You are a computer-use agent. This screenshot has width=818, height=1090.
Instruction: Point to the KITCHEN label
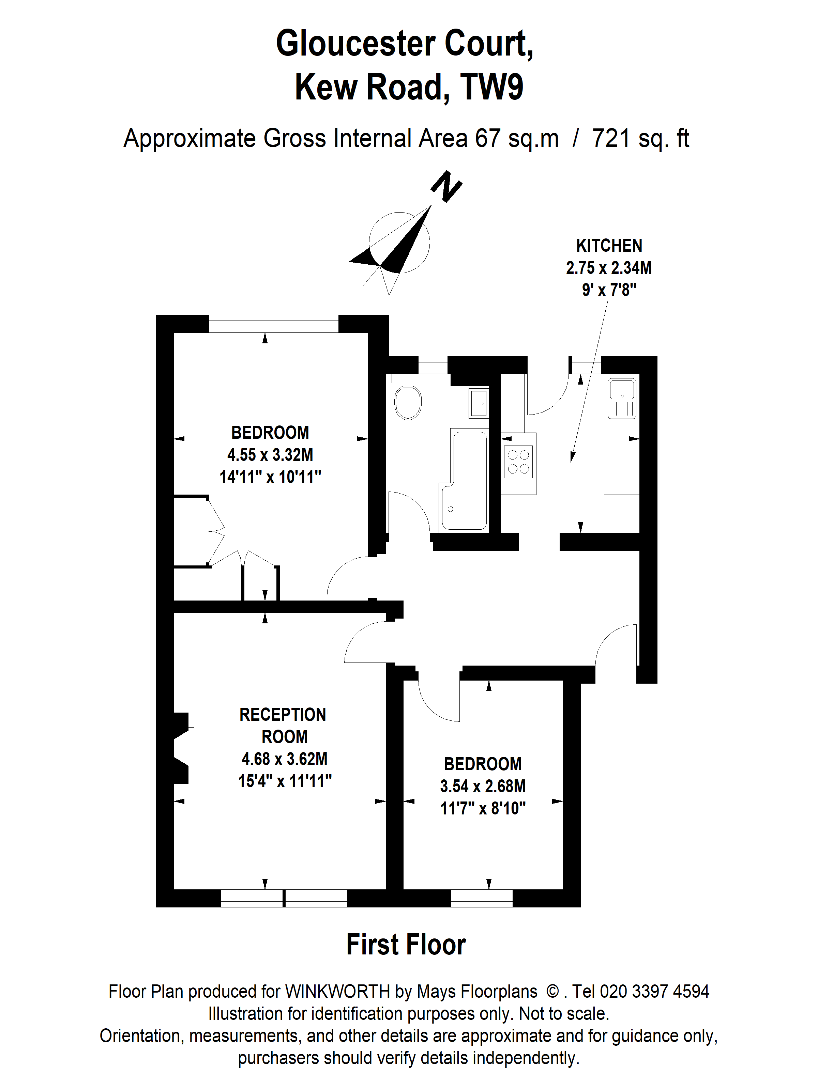(x=609, y=245)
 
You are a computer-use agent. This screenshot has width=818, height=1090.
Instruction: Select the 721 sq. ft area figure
(x=640, y=139)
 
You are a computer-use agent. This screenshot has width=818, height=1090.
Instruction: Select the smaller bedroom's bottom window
(x=481, y=898)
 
